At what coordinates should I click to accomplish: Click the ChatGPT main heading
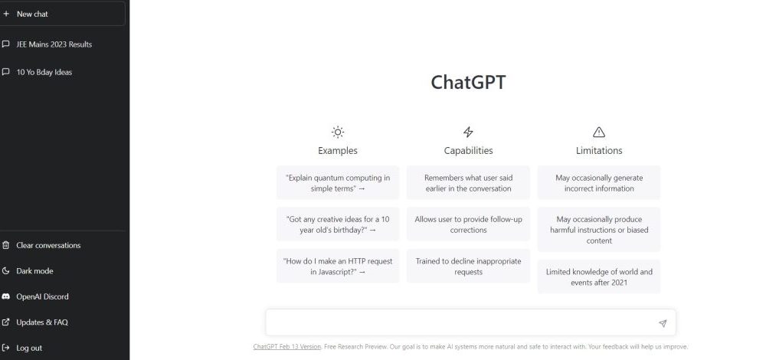[468, 82]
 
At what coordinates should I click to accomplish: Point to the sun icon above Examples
[338, 132]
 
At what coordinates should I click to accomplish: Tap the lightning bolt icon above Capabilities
[468, 132]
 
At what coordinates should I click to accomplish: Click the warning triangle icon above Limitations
[599, 132]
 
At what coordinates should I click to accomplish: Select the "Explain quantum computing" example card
[338, 183]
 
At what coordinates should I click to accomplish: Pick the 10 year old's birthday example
[338, 224]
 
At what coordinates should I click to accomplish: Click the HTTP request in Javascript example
[338, 267]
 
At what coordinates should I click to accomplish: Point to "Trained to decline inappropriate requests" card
[468, 267]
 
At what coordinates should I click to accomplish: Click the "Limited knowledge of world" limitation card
[599, 277]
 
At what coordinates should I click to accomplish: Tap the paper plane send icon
[663, 323]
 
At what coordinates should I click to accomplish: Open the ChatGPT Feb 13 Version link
[286, 347]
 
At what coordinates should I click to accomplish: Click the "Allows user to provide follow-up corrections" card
[468, 224]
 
